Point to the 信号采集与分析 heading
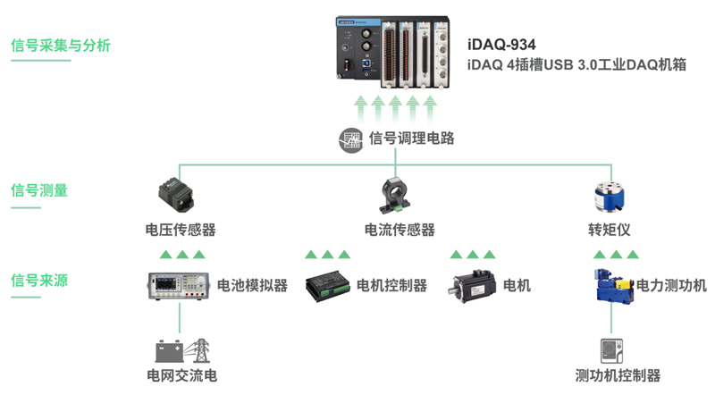(61, 46)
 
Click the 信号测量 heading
(39, 189)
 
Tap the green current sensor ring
(399, 194)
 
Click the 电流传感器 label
(400, 230)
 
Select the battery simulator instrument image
(178, 286)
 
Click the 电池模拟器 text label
(253, 286)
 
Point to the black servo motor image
(472, 286)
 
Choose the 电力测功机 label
(671, 285)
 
